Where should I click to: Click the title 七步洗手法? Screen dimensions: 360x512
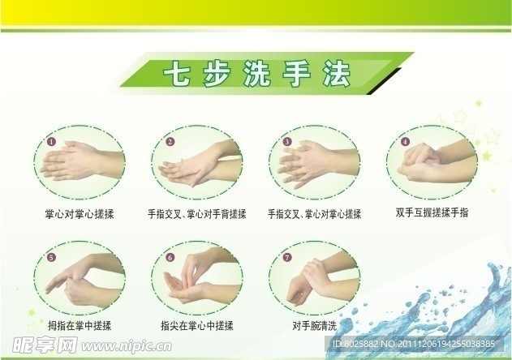[x=257, y=76]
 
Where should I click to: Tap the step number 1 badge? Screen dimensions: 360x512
[x=51, y=142]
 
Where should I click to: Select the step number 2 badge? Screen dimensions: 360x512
[x=170, y=142]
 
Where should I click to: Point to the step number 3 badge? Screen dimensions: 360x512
[x=287, y=142]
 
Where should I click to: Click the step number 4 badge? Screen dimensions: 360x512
[x=404, y=142]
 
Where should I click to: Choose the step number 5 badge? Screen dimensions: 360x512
[x=51, y=259]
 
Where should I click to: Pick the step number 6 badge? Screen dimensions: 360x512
[x=170, y=259]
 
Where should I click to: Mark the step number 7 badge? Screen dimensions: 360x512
[x=287, y=259]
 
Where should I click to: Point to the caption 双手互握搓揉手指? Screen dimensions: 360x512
[x=432, y=212]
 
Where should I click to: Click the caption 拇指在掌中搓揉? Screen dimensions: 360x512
[x=79, y=326]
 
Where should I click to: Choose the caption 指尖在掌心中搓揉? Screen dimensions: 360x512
[x=197, y=326]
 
